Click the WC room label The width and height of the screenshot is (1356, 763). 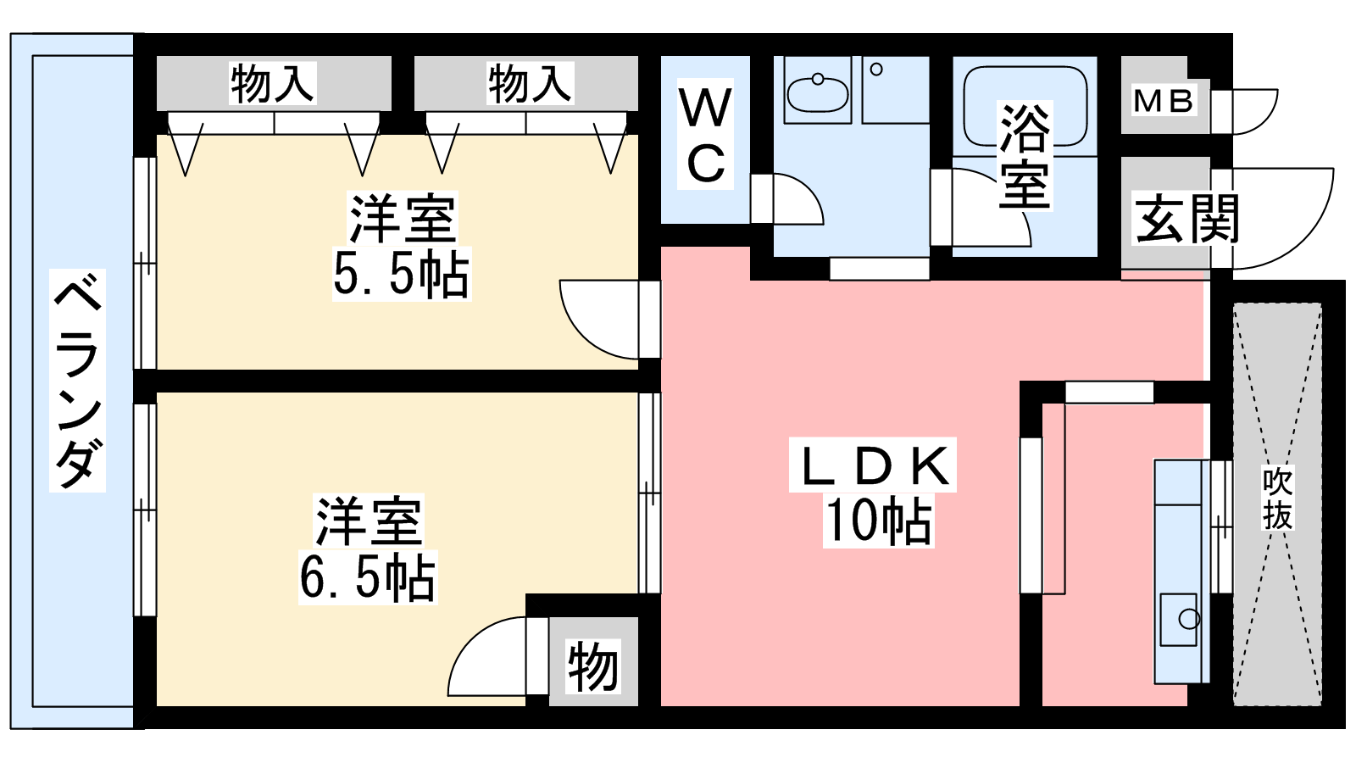[x=705, y=134]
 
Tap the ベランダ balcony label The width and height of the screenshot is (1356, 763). [x=77, y=381]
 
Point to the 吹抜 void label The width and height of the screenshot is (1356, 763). [x=1277, y=497]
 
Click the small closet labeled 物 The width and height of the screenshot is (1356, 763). [x=593, y=666]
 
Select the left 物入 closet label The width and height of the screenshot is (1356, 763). [x=272, y=84]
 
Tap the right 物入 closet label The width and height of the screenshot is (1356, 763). [x=530, y=84]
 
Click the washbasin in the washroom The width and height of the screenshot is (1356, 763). [x=817, y=93]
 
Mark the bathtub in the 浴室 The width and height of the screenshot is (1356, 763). [x=1025, y=106]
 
